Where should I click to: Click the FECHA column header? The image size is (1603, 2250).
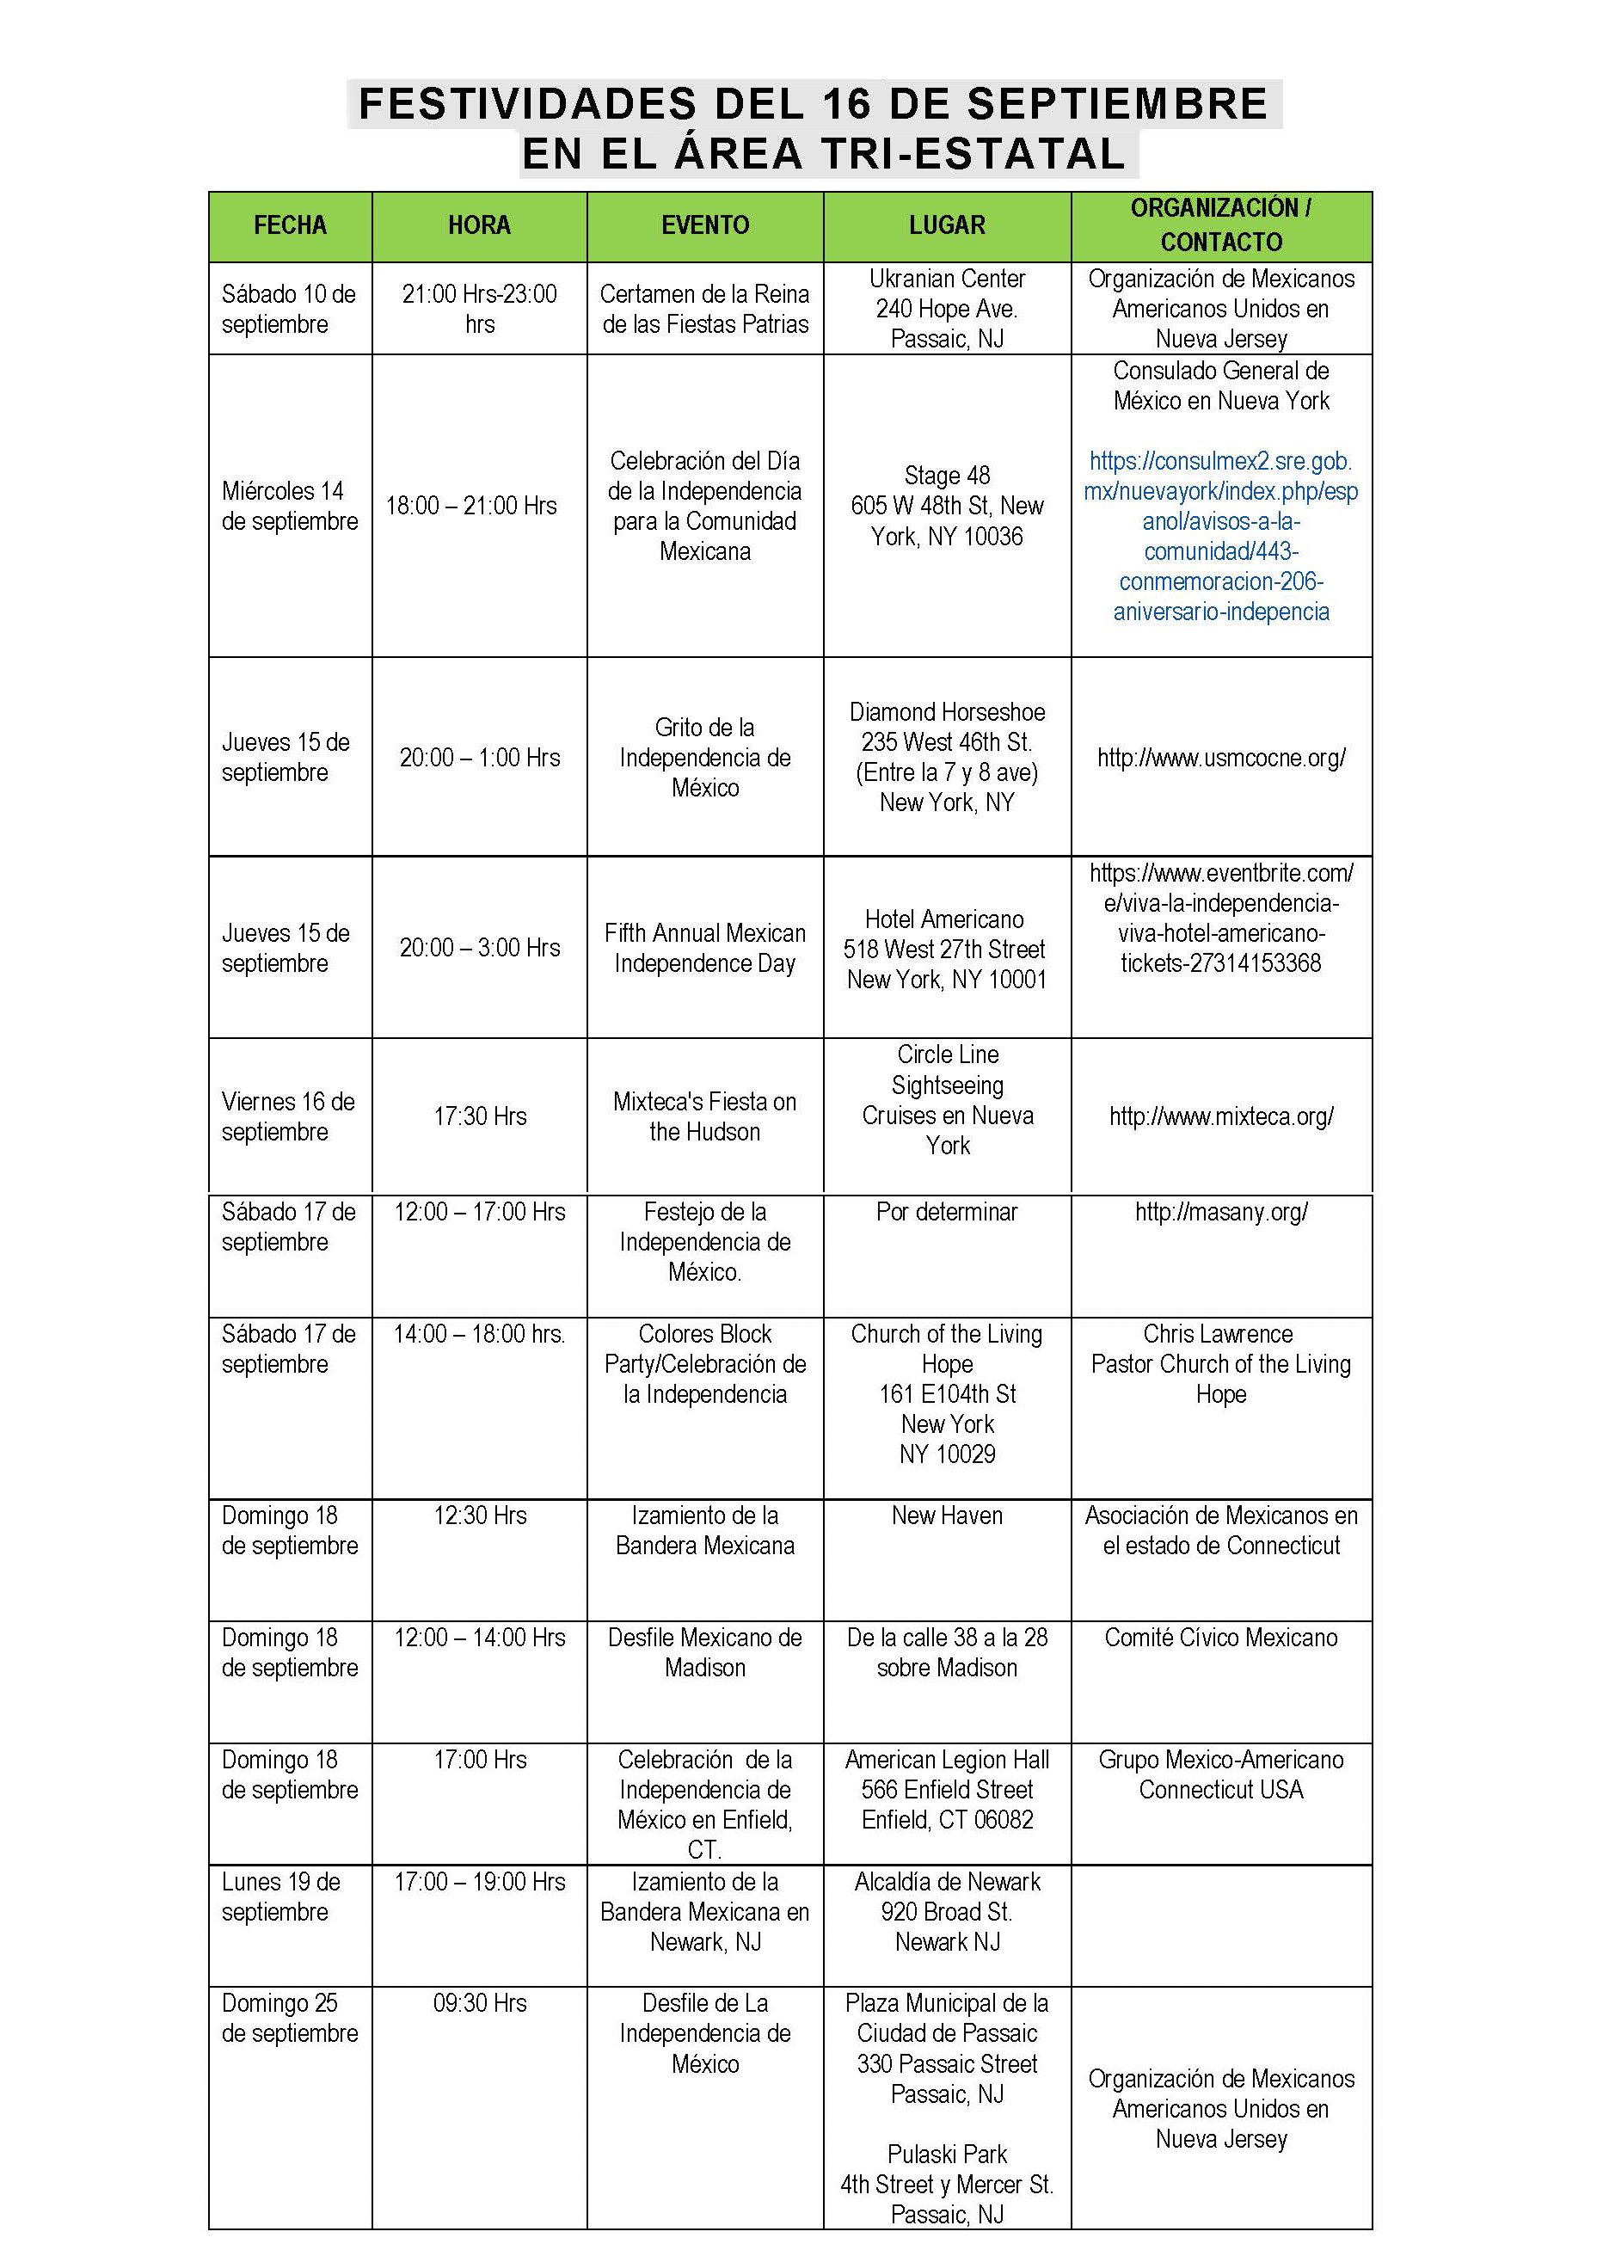coord(289,225)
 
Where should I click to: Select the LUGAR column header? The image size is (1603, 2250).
coord(947,225)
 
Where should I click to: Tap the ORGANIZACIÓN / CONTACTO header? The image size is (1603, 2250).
coord(1221,225)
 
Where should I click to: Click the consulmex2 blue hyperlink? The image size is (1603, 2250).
coord(1221,536)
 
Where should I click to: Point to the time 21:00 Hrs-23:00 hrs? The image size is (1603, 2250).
coord(480,308)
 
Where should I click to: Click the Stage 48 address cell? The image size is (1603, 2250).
coord(947,506)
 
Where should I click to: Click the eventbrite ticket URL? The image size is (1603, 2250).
coord(1221,919)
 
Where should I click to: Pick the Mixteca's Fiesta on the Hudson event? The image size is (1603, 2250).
coord(705,1116)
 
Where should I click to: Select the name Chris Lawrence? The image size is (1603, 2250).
coord(1218,1334)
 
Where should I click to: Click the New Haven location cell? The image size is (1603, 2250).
coord(947,1515)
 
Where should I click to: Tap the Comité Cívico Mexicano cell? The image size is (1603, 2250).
coord(1221,1638)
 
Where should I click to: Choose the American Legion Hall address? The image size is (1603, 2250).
coord(947,1789)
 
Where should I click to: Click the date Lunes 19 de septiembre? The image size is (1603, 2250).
coord(281,1897)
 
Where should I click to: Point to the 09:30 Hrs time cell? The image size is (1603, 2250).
coord(480,2003)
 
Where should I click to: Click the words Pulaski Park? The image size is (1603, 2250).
coord(947,2155)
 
